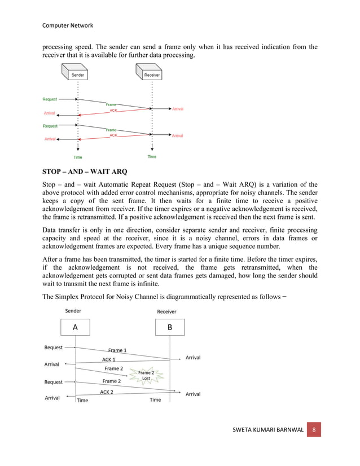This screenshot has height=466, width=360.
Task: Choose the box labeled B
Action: (x=170, y=327)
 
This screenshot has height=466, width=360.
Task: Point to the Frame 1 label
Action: (x=117, y=350)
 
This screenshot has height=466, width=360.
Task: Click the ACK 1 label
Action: (x=108, y=359)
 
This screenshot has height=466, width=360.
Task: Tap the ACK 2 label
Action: (x=107, y=392)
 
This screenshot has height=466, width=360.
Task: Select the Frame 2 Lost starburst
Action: (x=146, y=375)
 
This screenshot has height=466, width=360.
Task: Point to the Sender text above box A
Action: (x=73, y=311)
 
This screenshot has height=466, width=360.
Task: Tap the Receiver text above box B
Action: (x=166, y=311)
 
